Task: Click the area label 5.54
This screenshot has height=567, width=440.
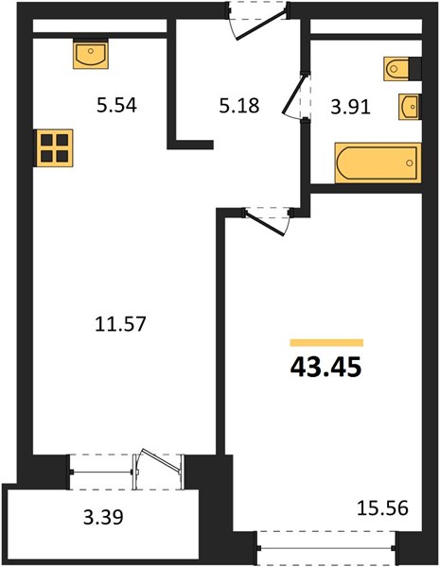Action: point(116,106)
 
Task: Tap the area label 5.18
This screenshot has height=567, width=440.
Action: point(239,106)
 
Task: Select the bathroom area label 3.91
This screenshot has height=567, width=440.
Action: point(350,108)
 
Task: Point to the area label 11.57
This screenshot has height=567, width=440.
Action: point(120,323)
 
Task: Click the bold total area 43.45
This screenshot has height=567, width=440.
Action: point(326,368)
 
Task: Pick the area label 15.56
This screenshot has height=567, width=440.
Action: point(382,507)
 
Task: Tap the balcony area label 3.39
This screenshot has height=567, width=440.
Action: point(103,517)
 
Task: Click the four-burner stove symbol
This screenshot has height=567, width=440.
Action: point(54,148)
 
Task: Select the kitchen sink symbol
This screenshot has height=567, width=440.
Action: point(91,55)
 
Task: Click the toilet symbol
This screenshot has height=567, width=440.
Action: point(396,68)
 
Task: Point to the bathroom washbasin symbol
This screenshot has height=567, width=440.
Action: point(409,107)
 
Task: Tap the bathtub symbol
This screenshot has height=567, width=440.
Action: point(378,163)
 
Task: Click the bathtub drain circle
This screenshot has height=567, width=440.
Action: point(410,163)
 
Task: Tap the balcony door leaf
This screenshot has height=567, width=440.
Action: point(162,460)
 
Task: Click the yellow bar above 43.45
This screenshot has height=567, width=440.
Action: point(326,343)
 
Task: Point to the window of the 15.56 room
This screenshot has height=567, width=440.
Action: point(327,548)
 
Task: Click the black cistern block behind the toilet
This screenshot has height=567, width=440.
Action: point(415,69)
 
